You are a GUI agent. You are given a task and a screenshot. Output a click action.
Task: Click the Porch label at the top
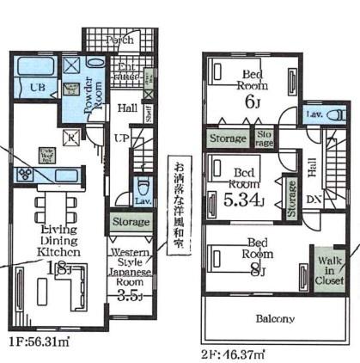[x=119, y=40]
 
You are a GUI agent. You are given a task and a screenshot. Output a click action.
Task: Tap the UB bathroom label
[x=39, y=88]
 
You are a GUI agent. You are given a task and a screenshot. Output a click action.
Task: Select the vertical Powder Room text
[x=88, y=94]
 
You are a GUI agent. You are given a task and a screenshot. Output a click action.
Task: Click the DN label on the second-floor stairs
[x=314, y=199]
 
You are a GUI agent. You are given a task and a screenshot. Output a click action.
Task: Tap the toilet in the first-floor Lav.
[x=142, y=188]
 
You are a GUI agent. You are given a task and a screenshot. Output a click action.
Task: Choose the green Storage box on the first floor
[x=130, y=223]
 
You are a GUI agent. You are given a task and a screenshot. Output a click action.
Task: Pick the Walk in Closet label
[x=330, y=268]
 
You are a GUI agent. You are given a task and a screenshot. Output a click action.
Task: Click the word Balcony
[x=274, y=318]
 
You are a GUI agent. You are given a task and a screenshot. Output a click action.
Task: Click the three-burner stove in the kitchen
[x=25, y=173]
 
